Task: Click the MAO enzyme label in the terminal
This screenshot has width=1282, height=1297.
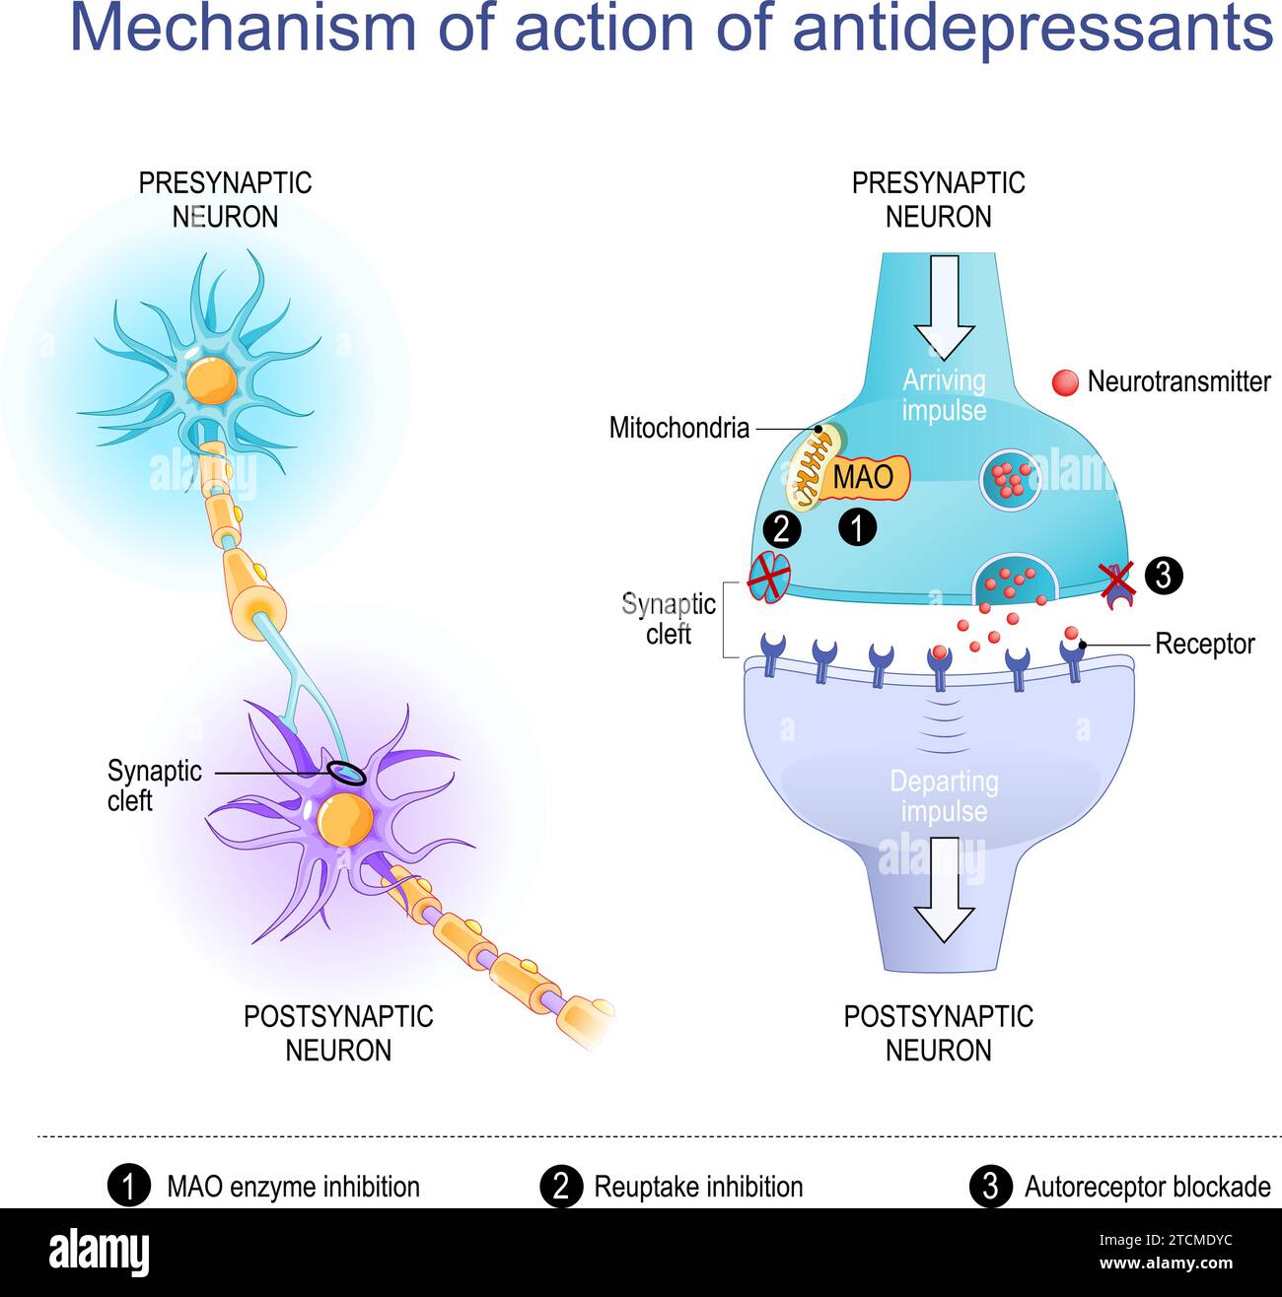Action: click(864, 477)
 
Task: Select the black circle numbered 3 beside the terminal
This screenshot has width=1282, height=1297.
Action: click(1164, 575)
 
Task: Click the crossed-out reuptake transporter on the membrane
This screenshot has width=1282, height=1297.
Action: click(769, 577)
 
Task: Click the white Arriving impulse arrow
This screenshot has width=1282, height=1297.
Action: click(945, 306)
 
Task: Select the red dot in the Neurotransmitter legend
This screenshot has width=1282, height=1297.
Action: click(1065, 382)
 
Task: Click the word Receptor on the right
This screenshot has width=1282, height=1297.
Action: click(1204, 645)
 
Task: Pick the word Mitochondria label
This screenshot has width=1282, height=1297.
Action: click(679, 428)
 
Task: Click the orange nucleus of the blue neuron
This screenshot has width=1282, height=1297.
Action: click(212, 379)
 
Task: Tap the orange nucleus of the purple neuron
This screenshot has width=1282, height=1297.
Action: click(344, 817)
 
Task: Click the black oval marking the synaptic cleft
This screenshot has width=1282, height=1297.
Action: click(347, 774)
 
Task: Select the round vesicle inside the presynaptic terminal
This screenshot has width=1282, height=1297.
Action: click(1011, 478)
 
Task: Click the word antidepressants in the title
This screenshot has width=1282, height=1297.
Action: click(1033, 30)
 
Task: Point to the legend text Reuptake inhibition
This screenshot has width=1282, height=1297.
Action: click(698, 1187)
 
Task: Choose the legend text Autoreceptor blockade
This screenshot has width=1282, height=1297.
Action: click(1147, 1187)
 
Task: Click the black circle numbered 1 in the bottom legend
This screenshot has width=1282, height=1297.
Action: click(129, 1187)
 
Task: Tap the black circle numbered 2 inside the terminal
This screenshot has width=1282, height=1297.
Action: click(782, 529)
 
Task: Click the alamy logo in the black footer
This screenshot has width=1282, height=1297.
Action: click(100, 1253)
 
